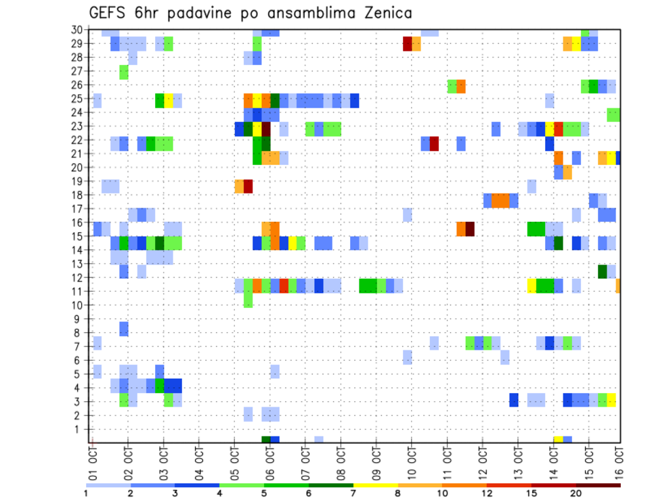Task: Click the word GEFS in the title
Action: click(110, 13)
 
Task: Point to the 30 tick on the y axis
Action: click(79, 30)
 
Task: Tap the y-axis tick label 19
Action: click(79, 181)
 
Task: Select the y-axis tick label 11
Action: click(79, 292)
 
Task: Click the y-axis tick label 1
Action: click(81, 429)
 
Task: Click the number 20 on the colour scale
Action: click(576, 493)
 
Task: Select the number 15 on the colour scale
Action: click(532, 493)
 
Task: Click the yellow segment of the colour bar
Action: click(375, 485)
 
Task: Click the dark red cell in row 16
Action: click(470, 229)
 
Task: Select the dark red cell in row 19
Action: click(248, 186)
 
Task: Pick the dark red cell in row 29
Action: click(408, 44)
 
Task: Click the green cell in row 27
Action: click(124, 71)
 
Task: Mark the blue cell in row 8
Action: click(124, 329)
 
